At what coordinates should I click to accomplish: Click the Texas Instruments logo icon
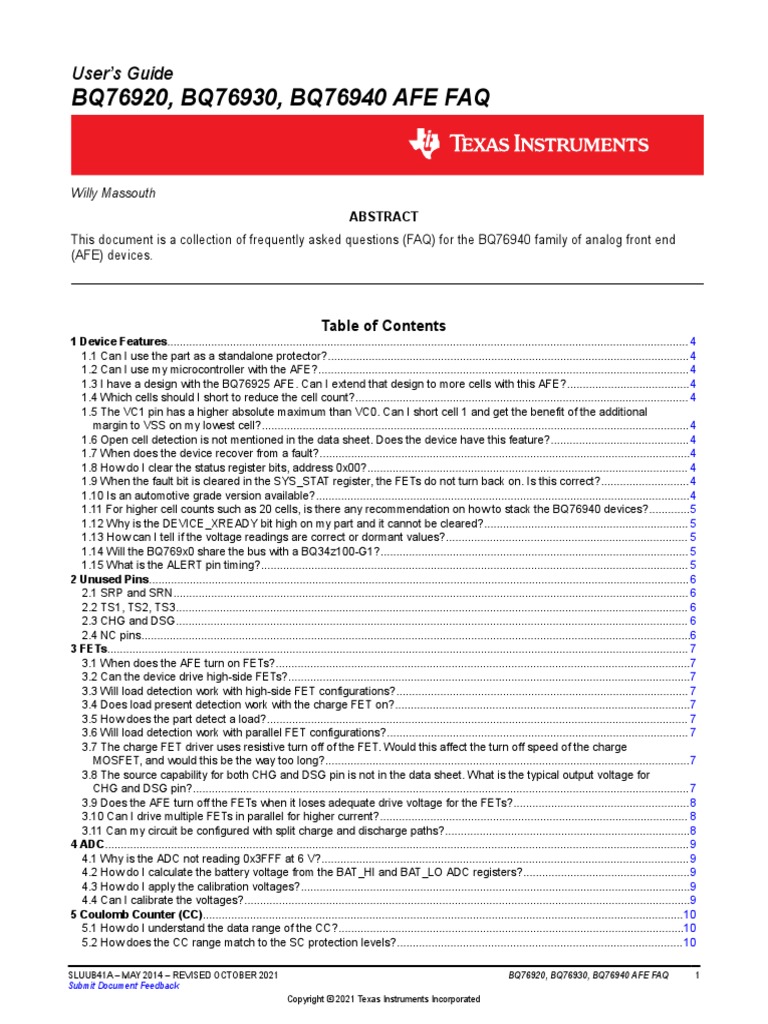click(423, 144)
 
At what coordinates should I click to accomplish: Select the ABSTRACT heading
click(383, 217)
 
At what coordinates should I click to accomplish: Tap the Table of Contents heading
click(383, 326)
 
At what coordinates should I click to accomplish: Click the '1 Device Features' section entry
click(118, 342)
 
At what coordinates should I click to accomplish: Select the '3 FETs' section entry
click(88, 649)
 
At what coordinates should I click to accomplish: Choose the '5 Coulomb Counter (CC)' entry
click(136, 915)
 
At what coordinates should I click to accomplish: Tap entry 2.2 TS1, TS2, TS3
click(129, 607)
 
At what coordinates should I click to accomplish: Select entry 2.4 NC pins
click(112, 635)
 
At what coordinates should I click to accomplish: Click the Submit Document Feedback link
click(123, 985)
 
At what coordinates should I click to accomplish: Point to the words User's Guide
click(121, 74)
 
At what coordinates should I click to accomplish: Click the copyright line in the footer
click(383, 999)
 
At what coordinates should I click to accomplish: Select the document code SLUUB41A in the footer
click(92, 974)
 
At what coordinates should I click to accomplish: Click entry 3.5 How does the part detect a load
click(174, 719)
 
